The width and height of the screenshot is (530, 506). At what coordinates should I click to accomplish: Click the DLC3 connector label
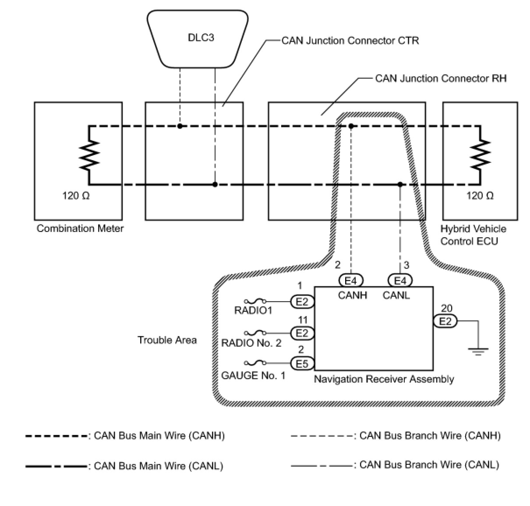pos(201,38)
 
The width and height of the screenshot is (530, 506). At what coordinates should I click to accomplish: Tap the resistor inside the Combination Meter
pos(89,155)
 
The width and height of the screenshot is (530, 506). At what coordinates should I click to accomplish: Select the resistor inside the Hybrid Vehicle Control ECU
pos(480,155)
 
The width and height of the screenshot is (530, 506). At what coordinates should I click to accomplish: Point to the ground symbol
pos(478,351)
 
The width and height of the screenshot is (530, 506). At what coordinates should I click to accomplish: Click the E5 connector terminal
pos(302,364)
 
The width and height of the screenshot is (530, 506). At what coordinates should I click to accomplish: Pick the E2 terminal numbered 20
pos(445,321)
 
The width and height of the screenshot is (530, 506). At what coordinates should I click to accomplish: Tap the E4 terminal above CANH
pos(351,280)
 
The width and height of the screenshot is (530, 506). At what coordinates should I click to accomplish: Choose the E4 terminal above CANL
pos(400,280)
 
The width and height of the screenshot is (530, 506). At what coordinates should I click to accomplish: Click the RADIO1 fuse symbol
pos(255,301)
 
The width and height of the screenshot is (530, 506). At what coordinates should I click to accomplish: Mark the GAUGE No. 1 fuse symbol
pos(255,362)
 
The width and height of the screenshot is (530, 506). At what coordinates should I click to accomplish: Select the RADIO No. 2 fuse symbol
pos(255,333)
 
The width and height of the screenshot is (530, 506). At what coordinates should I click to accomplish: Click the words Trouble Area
pos(167,340)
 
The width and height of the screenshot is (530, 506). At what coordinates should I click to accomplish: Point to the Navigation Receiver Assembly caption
pos(384,379)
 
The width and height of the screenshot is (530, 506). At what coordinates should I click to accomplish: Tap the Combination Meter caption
pos(80,228)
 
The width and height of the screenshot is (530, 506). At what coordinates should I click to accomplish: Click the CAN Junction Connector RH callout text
pos(441,78)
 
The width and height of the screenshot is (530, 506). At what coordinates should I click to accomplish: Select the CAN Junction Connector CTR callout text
pos(350,41)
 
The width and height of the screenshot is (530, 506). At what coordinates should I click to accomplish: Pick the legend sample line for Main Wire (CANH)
pos(57,436)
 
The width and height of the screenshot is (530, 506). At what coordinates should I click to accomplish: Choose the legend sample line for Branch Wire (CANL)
pos(322,466)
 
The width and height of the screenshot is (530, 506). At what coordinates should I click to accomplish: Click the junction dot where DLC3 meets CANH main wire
pos(180,126)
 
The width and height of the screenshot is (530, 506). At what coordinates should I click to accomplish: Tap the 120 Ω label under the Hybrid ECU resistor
pos(480,195)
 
